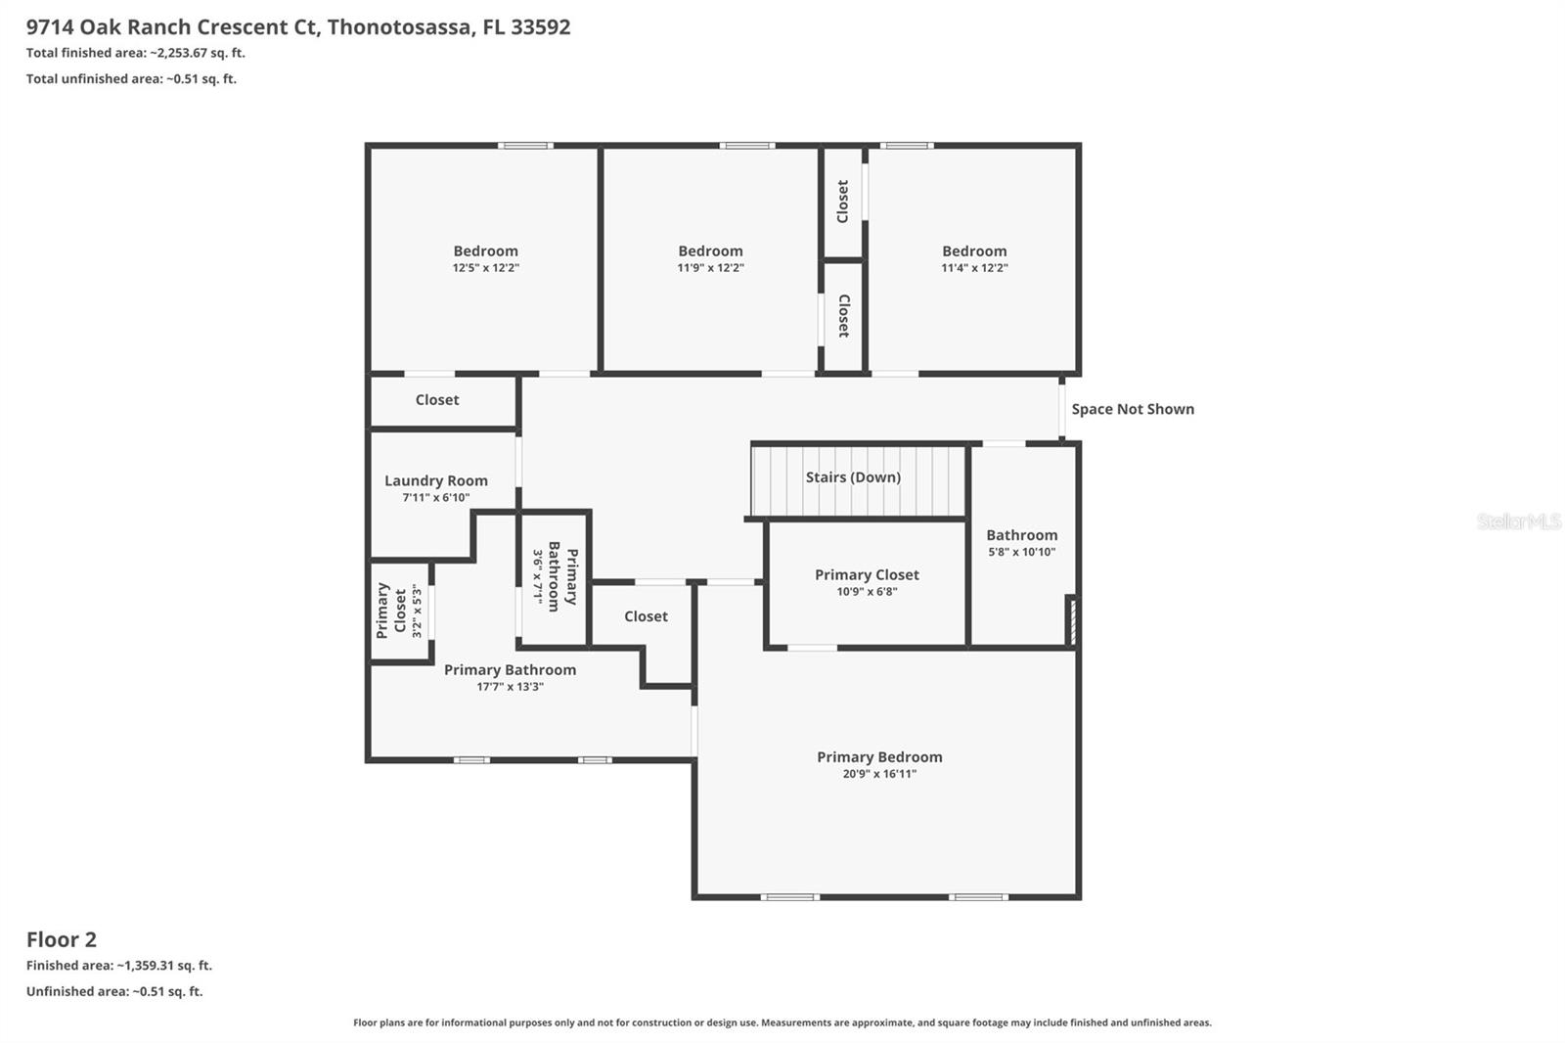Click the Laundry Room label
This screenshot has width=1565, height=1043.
[x=435, y=480]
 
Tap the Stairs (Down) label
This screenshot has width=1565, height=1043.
[x=853, y=477]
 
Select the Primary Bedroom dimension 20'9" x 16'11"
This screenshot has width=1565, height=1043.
[x=879, y=774]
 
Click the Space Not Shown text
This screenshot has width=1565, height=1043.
[x=1132, y=409]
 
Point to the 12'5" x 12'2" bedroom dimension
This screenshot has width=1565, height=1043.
[x=485, y=268]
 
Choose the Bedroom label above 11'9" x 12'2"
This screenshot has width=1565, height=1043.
[x=710, y=251]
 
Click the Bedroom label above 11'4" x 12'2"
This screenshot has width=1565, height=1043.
[x=974, y=251]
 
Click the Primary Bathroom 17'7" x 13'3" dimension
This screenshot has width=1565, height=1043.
[x=510, y=687]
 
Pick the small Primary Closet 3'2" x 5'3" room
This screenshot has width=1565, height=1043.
[x=399, y=612]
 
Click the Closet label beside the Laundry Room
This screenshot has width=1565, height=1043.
[x=436, y=400]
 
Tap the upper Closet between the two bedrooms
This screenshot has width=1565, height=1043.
[x=842, y=202]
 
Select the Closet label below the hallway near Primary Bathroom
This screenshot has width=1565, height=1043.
[x=646, y=616]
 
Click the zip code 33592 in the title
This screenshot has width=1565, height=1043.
[x=541, y=27]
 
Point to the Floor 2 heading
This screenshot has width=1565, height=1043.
[x=62, y=939]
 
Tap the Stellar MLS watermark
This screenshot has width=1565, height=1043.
[x=1518, y=521]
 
